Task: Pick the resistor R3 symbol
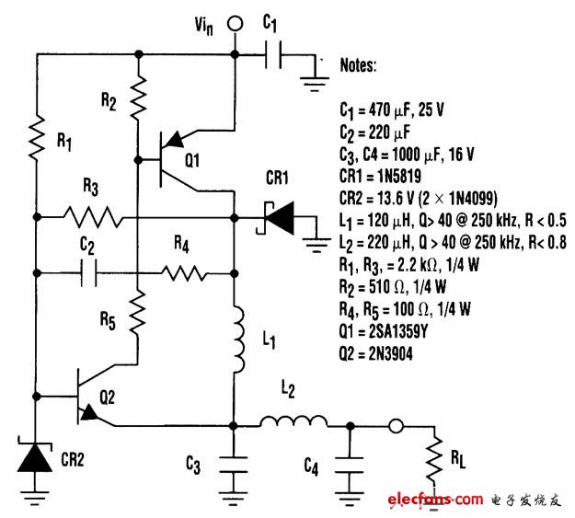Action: tap(93, 218)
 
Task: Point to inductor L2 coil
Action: tap(293, 424)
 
